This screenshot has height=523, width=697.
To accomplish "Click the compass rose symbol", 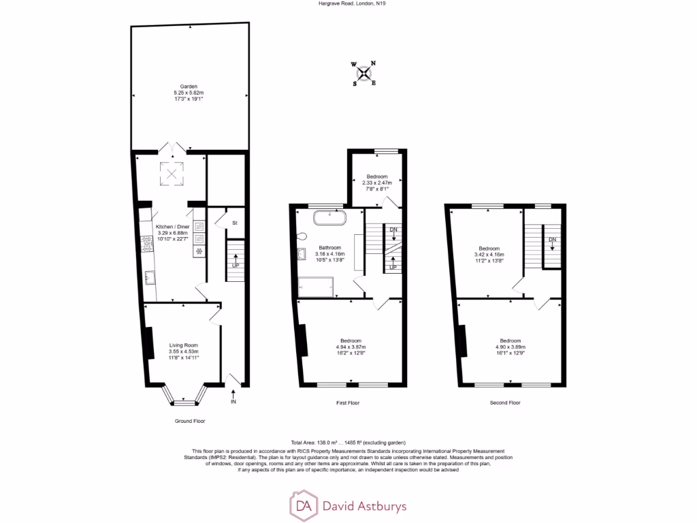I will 365,74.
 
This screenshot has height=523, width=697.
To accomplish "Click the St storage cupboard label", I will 233,223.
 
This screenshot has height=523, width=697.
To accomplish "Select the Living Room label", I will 183,345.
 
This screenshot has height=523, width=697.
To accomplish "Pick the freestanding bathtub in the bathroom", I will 330,219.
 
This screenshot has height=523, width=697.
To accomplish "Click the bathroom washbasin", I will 302,255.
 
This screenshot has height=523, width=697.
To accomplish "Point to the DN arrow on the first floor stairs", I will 393,234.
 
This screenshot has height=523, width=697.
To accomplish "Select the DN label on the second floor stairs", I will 553,240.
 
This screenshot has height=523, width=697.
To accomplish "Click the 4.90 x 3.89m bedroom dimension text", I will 510,347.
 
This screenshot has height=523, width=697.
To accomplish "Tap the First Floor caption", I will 348,403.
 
